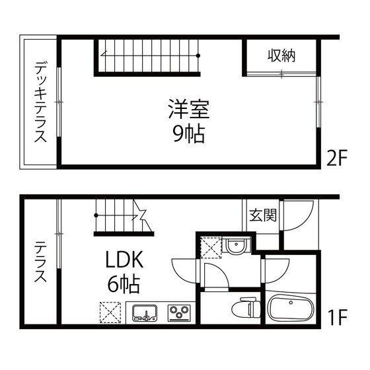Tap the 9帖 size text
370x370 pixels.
coord(188,133)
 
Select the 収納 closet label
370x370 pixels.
coord(281,55)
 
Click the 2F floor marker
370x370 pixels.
coord(336,159)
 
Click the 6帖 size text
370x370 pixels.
coord(124,285)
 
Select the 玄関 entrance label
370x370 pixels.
coord(263,215)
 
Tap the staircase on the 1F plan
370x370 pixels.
coord(123,219)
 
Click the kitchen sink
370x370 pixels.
coord(144,311)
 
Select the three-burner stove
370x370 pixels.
coord(178,311)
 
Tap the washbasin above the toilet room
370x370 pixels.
coord(236,246)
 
